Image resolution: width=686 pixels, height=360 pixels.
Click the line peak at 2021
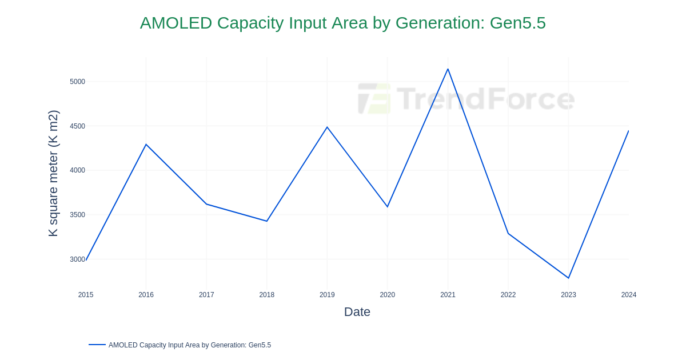[x=448, y=69]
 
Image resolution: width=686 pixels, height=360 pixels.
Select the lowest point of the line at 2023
[x=568, y=278]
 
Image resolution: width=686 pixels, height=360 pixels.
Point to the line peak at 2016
[x=146, y=145]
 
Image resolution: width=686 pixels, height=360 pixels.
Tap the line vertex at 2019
[x=327, y=127]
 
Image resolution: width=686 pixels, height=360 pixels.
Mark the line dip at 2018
[x=267, y=221]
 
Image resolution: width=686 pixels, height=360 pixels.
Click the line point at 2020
[x=388, y=207]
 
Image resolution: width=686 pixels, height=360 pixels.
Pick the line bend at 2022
[x=508, y=233]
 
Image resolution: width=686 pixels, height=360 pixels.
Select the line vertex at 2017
[x=206, y=204]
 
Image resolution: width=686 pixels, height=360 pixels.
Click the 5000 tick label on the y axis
[x=77, y=82]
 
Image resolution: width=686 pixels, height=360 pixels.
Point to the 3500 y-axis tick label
[x=77, y=215]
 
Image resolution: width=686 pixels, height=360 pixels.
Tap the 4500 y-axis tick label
[x=77, y=126]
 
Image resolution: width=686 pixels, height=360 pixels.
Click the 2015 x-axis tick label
[x=86, y=295]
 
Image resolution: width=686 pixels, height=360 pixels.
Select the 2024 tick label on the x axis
[x=629, y=295]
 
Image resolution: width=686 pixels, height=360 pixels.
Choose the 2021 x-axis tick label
[x=448, y=295]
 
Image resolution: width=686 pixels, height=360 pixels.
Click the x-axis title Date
[x=357, y=312]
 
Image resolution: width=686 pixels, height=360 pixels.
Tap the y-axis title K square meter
[x=53, y=173]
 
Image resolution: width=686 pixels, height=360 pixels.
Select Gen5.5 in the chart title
[x=517, y=23]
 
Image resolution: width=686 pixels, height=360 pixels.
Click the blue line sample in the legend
[x=97, y=345]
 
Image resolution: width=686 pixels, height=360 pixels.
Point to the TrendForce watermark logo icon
[x=374, y=99]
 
